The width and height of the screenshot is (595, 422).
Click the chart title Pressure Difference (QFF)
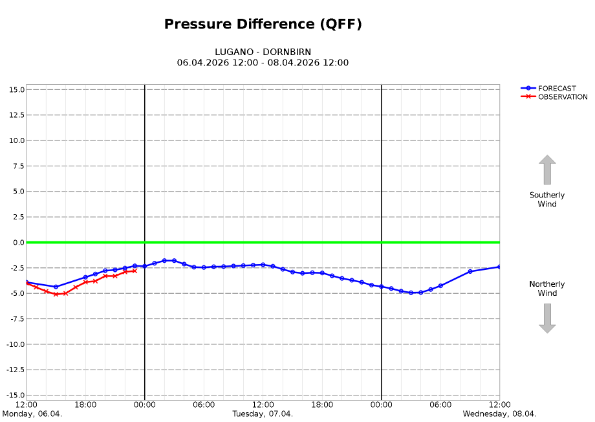[x=263, y=25]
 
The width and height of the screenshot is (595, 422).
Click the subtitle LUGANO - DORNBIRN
[x=263, y=52]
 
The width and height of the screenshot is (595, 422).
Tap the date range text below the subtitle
[x=263, y=63]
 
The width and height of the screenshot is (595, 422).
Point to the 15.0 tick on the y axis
[x=17, y=89]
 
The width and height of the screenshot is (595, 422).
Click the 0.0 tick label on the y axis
[x=18, y=243]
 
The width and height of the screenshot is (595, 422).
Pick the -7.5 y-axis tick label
[x=16, y=319]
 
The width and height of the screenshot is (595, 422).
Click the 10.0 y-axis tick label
[x=17, y=140]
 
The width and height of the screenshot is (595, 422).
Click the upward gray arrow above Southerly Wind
[x=547, y=170]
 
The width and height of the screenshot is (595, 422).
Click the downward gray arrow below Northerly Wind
[x=547, y=318]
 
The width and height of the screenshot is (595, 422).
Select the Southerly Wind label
[x=547, y=199]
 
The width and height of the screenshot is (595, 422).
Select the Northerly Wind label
[x=547, y=289]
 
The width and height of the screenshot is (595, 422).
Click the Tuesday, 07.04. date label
[x=263, y=414]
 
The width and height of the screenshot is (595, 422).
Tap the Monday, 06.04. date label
[x=32, y=414]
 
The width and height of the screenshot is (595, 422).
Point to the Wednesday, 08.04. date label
[x=499, y=414]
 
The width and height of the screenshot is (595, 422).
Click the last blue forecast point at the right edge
[x=499, y=267]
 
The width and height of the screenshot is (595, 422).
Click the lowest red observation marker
[x=56, y=294]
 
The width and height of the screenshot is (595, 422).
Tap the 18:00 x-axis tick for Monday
[x=85, y=405]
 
